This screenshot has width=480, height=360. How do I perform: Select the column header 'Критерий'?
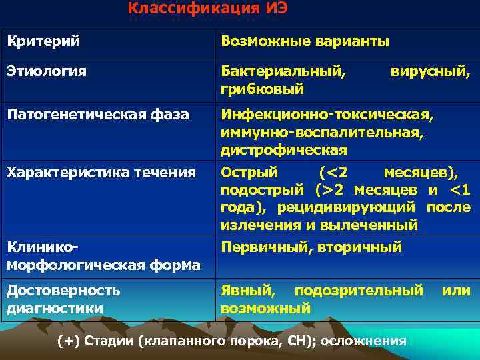click(x=43, y=41)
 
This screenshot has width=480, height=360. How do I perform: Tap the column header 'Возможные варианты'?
click(x=305, y=42)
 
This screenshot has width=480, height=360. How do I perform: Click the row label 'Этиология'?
click(x=47, y=71)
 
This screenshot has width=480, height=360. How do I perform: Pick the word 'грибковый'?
click(x=263, y=88)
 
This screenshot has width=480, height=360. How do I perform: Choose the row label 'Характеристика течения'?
click(x=101, y=173)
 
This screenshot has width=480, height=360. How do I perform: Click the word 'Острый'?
click(x=249, y=173)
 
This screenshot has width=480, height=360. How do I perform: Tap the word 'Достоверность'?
click(x=64, y=291)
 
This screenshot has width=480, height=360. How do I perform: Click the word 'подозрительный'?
click(x=359, y=291)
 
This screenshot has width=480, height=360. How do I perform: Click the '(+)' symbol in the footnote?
click(x=68, y=341)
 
